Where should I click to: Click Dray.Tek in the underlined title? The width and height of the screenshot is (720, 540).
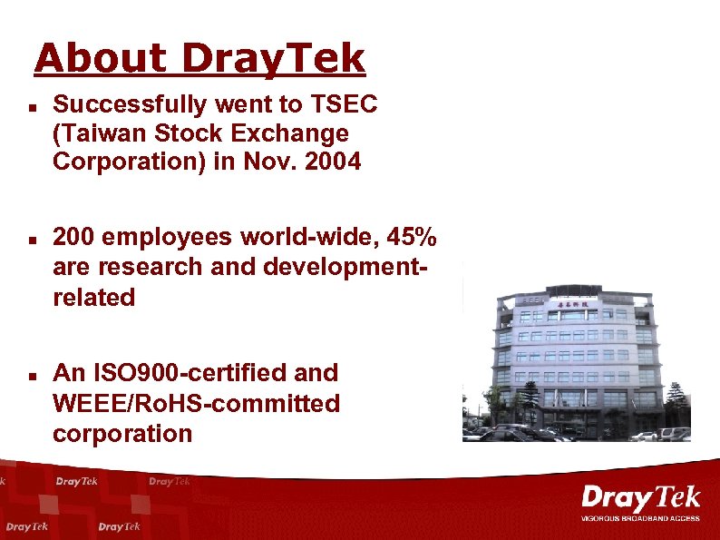coord(273,59)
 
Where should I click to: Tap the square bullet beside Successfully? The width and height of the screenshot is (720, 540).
coord(31,106)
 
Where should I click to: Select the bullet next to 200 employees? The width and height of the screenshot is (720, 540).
coord(31,241)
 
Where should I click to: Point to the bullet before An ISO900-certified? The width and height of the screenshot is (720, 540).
coord(31,374)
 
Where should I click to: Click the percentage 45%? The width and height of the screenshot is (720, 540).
coord(412,238)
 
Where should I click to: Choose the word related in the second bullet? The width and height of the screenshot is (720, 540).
coord(94,298)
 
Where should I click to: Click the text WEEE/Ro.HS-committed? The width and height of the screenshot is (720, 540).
coord(196,403)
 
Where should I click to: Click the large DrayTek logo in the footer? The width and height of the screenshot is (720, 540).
coord(640,499)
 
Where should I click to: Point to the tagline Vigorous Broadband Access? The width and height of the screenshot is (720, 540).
coord(640,518)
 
